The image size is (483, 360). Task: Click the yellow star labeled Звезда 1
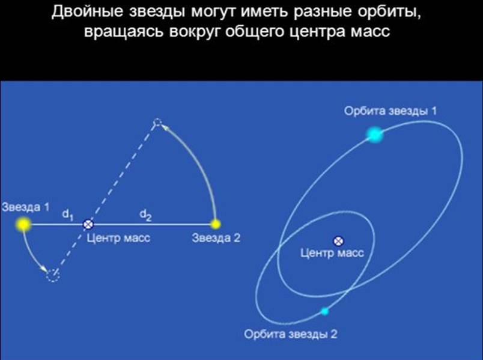pos(23,224)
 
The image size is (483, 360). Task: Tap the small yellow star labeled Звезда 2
pos(216,224)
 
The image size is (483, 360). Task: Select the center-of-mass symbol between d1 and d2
pos(88,224)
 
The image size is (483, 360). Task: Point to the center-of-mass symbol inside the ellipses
pos(339,241)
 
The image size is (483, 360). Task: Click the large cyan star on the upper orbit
pos(375,135)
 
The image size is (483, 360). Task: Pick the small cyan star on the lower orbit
pos(324,311)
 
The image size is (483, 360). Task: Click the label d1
pos(68,214)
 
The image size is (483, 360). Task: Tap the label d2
pos(145,215)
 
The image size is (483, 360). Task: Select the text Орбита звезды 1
pos(390,111)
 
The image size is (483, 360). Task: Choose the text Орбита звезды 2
pos(291,334)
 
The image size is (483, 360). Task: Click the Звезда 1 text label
pos(26,207)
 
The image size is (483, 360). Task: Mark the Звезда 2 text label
pos(216,238)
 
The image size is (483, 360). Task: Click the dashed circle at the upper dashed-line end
pos(157,123)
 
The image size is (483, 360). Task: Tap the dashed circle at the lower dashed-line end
pos(53,275)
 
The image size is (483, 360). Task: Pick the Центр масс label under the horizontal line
pos(118,238)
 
